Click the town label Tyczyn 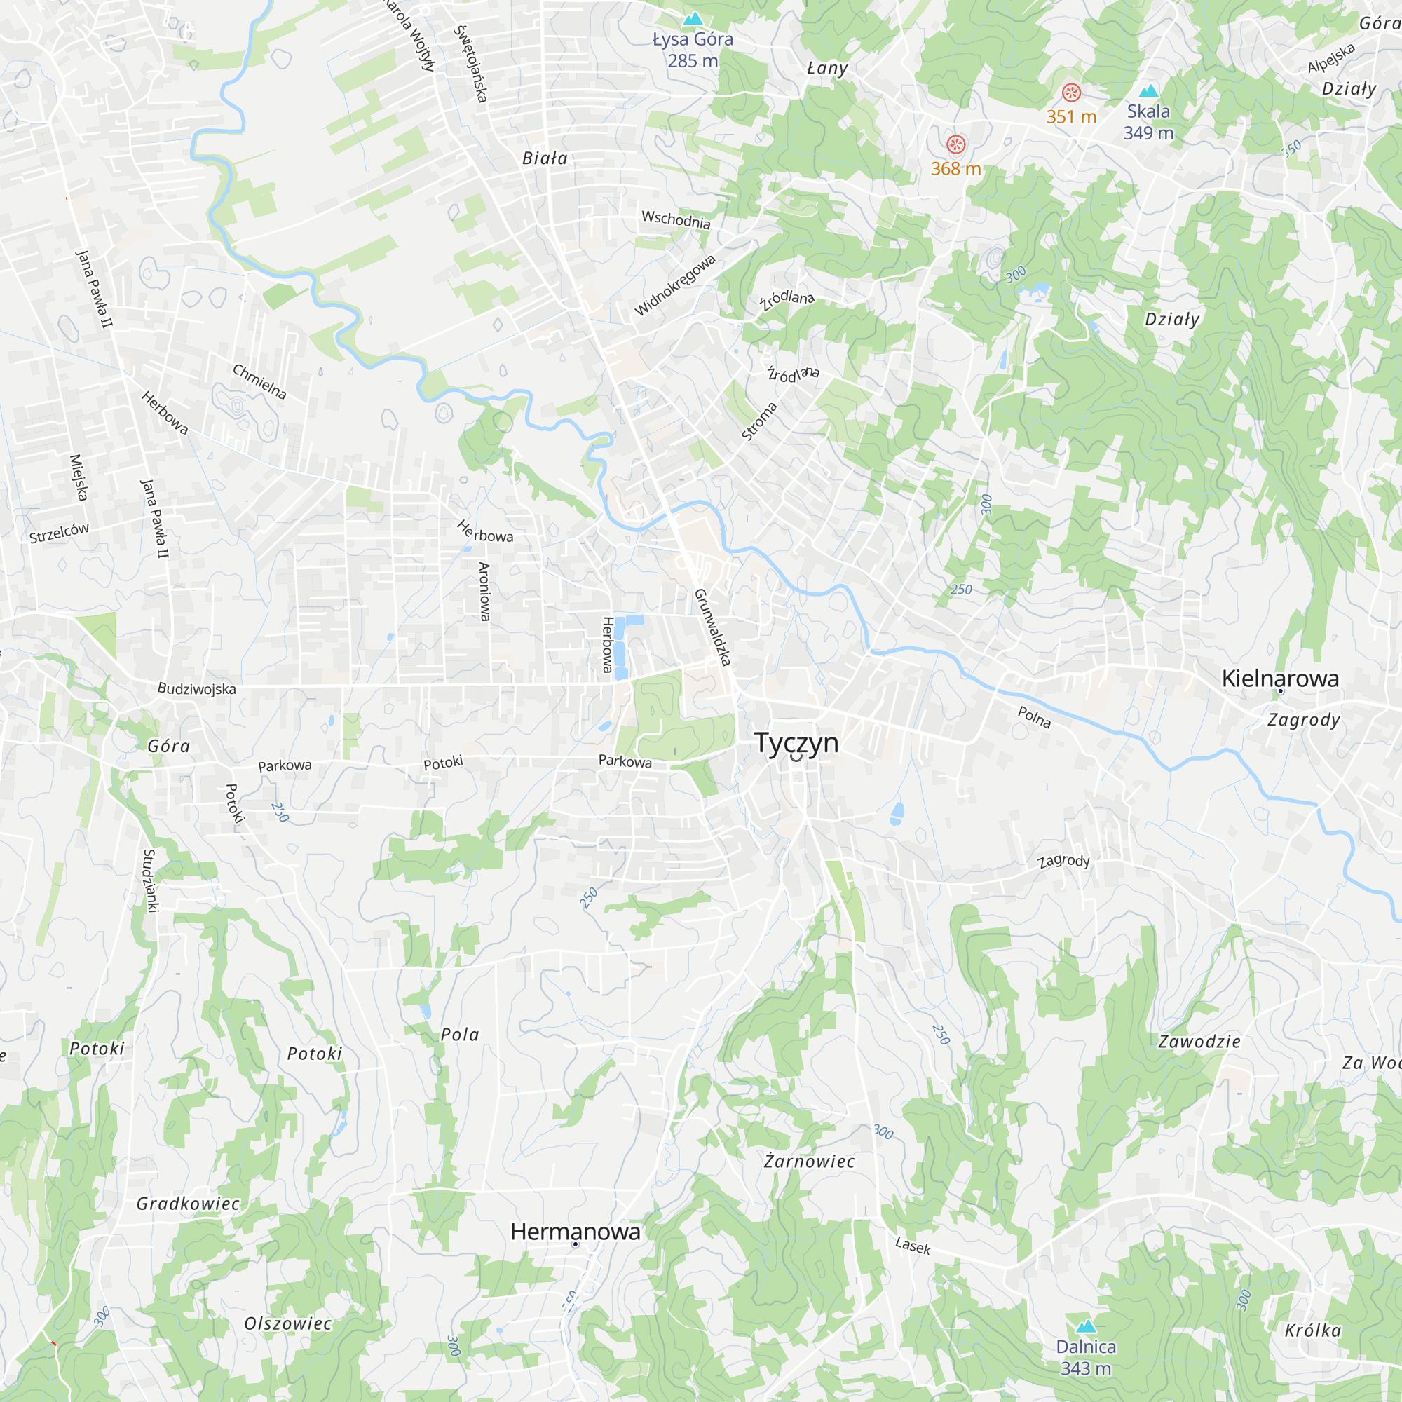[x=796, y=742]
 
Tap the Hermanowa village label [x=575, y=1232]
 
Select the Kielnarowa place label [x=1280, y=679]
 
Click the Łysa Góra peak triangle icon [x=693, y=18]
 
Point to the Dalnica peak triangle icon [x=1086, y=1326]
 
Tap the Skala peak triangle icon [x=1148, y=90]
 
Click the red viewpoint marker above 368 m [x=955, y=144]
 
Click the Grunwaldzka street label [x=712, y=627]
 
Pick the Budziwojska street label [x=197, y=688]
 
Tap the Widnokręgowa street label [x=675, y=285]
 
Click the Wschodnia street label [x=676, y=219]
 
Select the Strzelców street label [x=59, y=533]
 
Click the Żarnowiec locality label [x=809, y=1162]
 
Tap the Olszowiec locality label [x=288, y=1323]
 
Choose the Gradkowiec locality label [x=188, y=1204]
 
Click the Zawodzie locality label [x=1199, y=1042]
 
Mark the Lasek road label [x=913, y=1245]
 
